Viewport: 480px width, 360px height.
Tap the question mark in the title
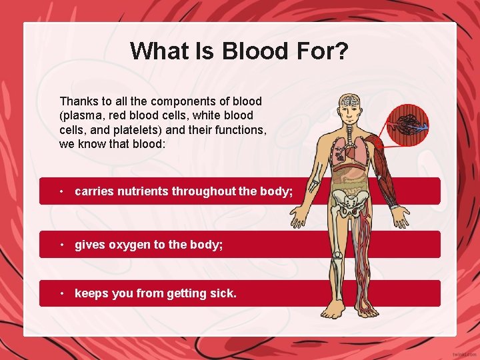click(x=342, y=51)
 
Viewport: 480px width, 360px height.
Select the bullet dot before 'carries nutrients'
click(x=61, y=192)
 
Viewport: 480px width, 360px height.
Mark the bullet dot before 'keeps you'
click(x=61, y=294)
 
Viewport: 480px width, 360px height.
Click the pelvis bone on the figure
click(x=349, y=200)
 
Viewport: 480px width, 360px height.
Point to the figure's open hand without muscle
click(x=298, y=217)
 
